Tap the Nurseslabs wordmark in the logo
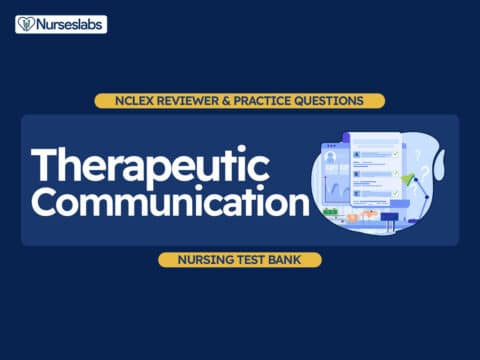(68, 24)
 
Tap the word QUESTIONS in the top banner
(335, 101)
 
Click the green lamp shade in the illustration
(409, 179)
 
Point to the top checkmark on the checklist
(396, 154)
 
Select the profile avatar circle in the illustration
(332, 156)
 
